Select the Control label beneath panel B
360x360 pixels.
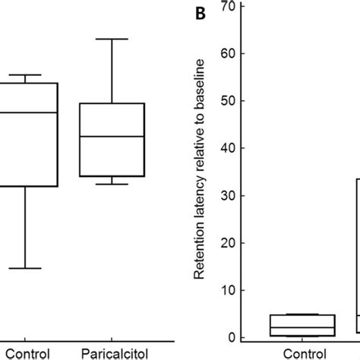click(x=305, y=353)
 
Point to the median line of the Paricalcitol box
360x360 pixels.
click(x=112, y=137)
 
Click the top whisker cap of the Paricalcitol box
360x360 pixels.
click(x=112, y=39)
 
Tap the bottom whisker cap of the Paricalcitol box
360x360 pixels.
click(x=112, y=185)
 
